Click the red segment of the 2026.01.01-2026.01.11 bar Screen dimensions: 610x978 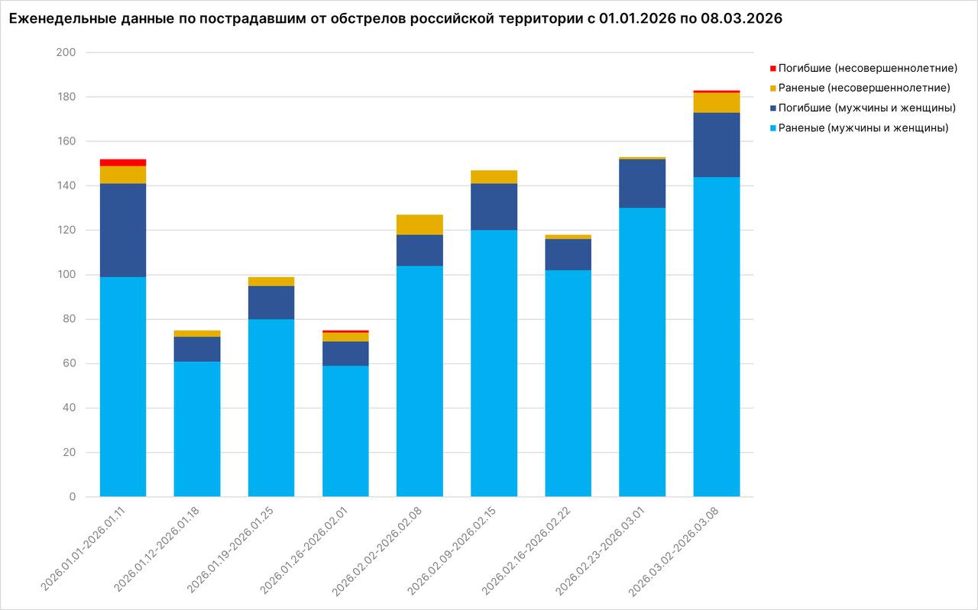coord(123,163)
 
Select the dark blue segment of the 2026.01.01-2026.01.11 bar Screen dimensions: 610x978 coord(123,230)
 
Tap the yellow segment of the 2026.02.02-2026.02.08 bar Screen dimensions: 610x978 coord(419,224)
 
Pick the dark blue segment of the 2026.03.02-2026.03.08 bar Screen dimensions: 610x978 coord(717,144)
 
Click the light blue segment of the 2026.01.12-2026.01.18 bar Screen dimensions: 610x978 coord(197,428)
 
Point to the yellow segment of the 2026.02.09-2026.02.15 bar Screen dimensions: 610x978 coord(494,177)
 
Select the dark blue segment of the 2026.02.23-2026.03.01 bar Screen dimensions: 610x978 coord(642,183)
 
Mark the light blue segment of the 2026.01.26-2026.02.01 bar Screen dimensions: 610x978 coord(345,431)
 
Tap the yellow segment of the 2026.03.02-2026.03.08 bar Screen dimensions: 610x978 coord(717,102)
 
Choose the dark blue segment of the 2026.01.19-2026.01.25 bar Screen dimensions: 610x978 coord(271,302)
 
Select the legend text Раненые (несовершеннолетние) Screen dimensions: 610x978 coord(863,89)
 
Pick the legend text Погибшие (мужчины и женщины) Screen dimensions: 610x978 coord(866,108)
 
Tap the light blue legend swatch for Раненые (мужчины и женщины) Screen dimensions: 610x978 coord(772,128)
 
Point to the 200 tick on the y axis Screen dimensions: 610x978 coord(66,53)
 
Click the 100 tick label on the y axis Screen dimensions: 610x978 coord(66,275)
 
